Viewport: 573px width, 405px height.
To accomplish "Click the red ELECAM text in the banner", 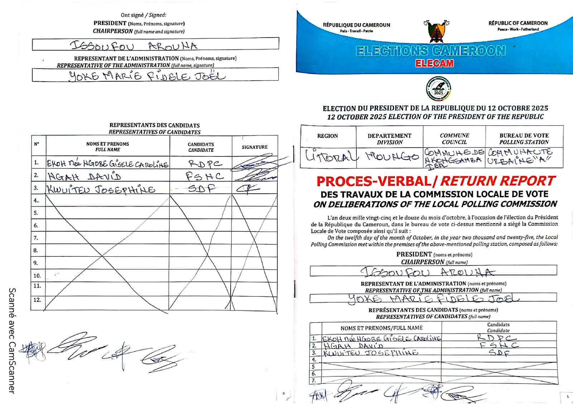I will click(434, 63).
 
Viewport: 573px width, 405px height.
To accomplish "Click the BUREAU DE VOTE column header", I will click(524, 139).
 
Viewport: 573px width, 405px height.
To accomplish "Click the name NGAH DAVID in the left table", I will click(85, 177).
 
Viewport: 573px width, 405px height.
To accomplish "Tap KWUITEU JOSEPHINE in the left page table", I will click(101, 189).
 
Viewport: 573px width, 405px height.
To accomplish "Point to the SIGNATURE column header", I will click(254, 147).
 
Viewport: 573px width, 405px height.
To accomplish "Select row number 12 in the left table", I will click(37, 300).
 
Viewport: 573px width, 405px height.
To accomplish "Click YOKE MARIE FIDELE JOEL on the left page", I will click(147, 76).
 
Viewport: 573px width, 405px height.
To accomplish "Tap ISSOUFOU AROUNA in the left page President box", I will click(134, 46).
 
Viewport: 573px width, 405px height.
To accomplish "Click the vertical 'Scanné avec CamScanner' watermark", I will click(12, 340).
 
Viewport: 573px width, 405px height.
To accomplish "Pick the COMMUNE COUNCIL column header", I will click(454, 139).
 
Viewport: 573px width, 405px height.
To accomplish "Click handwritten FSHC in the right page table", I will click(499, 345).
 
